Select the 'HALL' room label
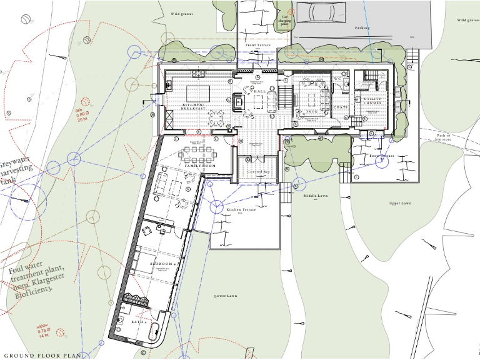(259, 91)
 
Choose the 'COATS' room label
(341, 107)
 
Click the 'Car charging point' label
(285, 22)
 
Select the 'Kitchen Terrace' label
(237, 209)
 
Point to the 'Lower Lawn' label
(225, 296)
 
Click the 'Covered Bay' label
(257, 171)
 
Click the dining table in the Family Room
(199, 152)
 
